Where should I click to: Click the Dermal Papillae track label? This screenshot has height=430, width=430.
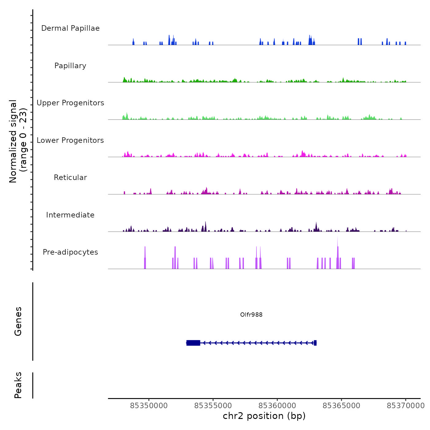(70, 28)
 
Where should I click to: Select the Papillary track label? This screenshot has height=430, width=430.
(70, 66)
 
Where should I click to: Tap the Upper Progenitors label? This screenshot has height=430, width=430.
(70, 103)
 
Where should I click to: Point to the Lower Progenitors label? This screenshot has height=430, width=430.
(70, 140)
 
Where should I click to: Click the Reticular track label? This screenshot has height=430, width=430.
(70, 178)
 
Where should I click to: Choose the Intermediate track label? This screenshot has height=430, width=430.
(70, 215)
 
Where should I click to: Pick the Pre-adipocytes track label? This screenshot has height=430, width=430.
(70, 252)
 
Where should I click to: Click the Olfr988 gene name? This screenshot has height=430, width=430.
(251, 315)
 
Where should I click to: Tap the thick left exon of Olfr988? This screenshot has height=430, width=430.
(193, 343)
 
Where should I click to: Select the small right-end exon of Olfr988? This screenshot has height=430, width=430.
(315, 343)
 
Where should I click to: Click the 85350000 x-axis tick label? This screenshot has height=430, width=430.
(149, 405)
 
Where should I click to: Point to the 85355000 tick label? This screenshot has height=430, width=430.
(213, 405)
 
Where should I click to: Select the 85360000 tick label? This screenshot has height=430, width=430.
(277, 405)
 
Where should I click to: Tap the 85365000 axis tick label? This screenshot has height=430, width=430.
(342, 405)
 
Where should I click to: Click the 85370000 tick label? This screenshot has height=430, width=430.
(405, 405)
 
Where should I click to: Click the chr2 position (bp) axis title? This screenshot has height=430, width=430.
(264, 416)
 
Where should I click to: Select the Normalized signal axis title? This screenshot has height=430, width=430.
(18, 141)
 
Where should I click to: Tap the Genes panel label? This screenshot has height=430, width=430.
(18, 321)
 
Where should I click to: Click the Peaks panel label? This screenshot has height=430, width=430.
(18, 385)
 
